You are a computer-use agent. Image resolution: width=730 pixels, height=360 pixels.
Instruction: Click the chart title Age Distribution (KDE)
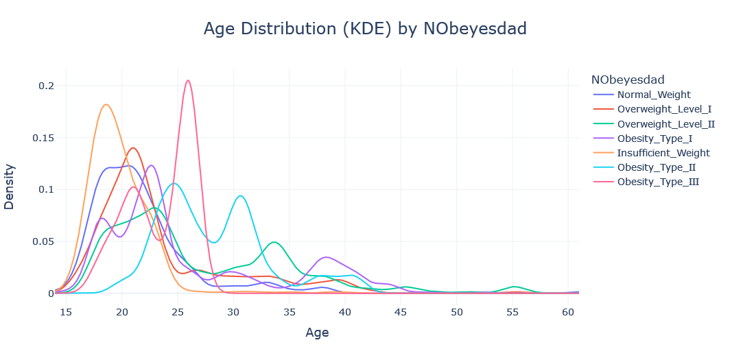(365, 29)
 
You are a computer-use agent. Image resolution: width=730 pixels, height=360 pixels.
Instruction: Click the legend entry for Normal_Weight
(654, 95)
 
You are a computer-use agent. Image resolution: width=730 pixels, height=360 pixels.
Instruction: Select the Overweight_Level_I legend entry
(663, 109)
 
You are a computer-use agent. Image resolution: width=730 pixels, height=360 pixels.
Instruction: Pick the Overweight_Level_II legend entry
(666, 124)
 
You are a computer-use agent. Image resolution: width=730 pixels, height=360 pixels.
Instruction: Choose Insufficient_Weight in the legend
(663, 153)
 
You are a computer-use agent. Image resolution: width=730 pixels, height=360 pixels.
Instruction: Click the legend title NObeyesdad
(627, 79)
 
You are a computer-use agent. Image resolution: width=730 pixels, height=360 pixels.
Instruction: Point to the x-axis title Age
(317, 333)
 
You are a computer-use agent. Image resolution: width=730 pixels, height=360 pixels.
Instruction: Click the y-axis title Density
(10, 186)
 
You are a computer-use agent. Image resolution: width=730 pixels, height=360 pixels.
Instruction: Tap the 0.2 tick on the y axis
(46, 86)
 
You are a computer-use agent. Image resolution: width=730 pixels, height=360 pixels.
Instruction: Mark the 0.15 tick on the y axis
(43, 138)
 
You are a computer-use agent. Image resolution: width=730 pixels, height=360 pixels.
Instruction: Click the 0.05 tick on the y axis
(43, 241)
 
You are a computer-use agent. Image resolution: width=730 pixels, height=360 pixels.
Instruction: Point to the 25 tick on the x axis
(178, 312)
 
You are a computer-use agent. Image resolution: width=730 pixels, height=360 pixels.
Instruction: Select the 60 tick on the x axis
(568, 312)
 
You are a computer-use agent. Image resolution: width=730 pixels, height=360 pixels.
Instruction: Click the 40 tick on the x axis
(345, 312)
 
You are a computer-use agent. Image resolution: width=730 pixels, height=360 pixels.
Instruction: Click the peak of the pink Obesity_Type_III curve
(188, 80)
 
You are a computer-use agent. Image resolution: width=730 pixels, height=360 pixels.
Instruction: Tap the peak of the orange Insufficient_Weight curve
(106, 104)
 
